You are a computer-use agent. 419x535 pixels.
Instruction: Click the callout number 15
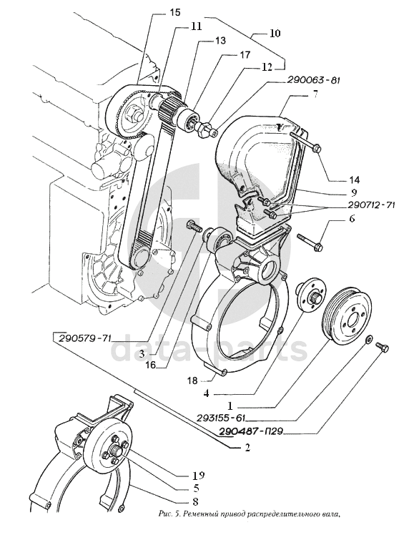pyautogui.click(x=175, y=13)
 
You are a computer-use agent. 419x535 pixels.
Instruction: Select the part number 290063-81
pyautogui.click(x=315, y=81)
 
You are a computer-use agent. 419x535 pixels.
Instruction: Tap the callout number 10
pyautogui.click(x=275, y=33)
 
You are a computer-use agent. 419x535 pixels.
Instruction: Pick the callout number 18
pyautogui.click(x=192, y=380)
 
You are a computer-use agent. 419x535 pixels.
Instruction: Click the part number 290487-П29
pyautogui.click(x=252, y=432)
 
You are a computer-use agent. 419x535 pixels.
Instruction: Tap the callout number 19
pyautogui.click(x=198, y=475)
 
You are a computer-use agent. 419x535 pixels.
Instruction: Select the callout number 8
pyautogui.click(x=196, y=501)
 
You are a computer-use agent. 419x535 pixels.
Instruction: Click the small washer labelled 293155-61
pyautogui.click(x=369, y=340)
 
